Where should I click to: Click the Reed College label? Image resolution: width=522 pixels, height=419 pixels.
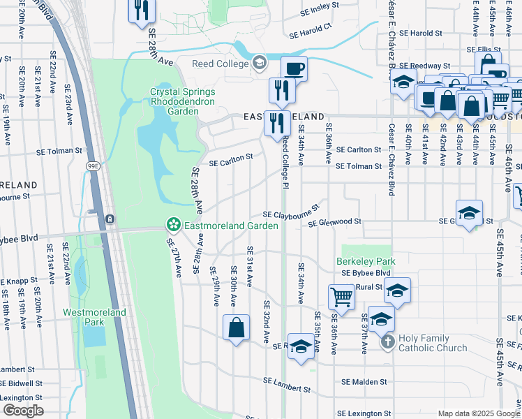221,64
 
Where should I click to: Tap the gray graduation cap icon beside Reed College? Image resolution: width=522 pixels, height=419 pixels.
260,64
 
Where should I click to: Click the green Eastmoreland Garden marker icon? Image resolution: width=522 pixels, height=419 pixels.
172,226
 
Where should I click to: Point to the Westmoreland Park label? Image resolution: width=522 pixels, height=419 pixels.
94,317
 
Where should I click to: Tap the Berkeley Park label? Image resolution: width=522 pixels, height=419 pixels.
366,261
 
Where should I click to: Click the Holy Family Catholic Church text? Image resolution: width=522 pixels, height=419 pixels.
433,343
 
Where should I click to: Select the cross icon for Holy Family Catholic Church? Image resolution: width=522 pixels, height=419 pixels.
389,342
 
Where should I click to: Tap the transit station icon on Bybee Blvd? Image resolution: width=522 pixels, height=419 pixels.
110,219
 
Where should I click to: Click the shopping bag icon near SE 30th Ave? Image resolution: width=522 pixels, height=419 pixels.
237,327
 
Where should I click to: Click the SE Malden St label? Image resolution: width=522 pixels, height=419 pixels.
364,382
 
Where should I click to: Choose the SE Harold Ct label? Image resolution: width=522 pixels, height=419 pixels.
311,31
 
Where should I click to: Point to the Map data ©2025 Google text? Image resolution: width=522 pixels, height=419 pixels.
478,413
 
